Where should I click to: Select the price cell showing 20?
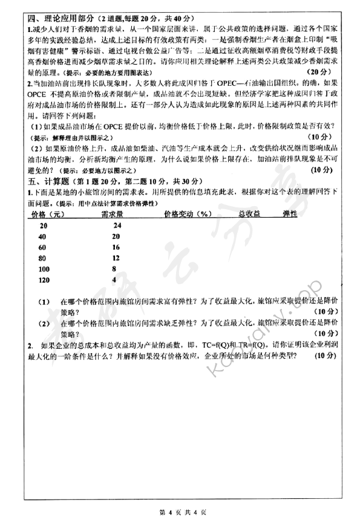pos(42,225)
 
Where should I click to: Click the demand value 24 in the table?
pos(117,225)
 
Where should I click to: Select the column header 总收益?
pos(249,214)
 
